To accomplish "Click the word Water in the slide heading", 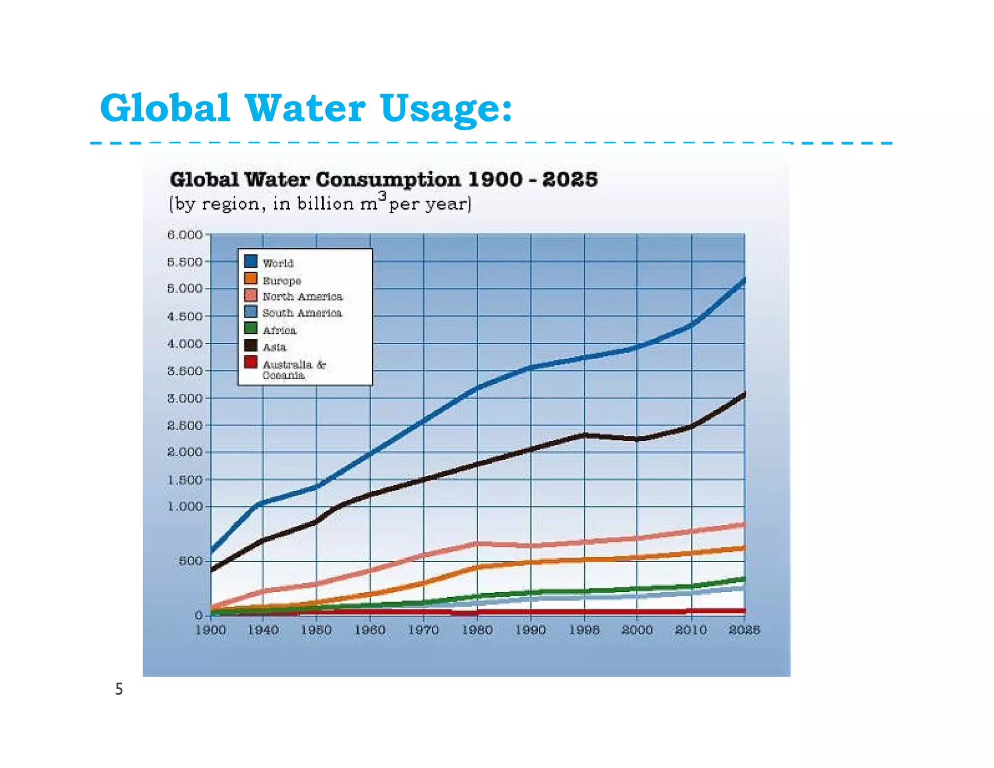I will [305, 108].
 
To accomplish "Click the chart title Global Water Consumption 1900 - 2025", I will [383, 180].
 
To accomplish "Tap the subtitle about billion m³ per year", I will [320, 203].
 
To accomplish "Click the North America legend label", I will [302, 297].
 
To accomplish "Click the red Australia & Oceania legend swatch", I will [251, 362].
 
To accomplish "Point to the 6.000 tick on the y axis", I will [184, 235].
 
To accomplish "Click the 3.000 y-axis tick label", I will [184, 399].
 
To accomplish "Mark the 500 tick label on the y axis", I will [190, 561].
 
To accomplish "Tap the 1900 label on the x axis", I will [210, 630].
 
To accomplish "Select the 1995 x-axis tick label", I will [584, 630].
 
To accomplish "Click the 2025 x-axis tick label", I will [744, 630].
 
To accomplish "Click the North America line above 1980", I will [477, 544].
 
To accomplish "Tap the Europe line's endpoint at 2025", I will [744, 548].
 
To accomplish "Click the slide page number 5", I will [119, 689].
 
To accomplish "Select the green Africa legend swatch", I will [251, 329].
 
